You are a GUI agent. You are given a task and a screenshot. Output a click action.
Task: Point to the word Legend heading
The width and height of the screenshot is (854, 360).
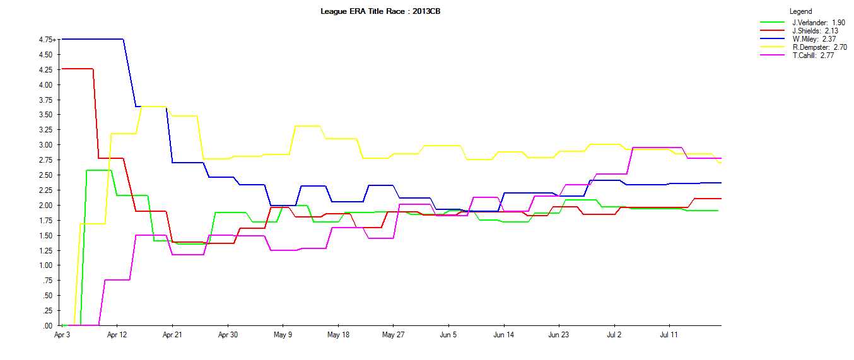(800, 11)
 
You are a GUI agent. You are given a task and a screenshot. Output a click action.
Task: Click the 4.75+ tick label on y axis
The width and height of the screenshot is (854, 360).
(47, 40)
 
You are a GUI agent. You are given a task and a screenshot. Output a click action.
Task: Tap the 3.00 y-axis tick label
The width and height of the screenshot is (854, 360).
(46, 145)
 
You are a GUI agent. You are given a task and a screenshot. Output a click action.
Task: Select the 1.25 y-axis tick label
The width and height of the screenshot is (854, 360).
(46, 250)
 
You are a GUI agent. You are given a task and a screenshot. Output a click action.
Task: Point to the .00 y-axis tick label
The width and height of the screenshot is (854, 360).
(48, 326)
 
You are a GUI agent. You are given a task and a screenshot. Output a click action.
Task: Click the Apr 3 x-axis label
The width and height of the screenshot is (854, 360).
(62, 335)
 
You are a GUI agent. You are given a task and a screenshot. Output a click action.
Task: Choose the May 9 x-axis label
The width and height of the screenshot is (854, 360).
(283, 335)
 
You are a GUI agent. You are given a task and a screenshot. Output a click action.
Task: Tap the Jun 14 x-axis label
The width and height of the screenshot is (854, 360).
(503, 335)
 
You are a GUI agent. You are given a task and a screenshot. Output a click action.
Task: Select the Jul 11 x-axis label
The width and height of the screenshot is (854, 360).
(669, 335)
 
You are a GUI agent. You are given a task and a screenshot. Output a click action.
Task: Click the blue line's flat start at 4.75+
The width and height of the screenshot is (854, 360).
(92, 39)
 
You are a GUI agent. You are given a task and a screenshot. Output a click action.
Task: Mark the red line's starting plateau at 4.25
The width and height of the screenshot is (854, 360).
(77, 69)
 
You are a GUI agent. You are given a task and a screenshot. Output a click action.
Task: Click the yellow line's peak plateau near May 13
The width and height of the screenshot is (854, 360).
(307, 125)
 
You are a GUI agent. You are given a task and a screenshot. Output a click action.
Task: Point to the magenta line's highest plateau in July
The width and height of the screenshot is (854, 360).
(657, 148)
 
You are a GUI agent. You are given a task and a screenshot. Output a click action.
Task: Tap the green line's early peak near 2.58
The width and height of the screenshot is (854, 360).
(99, 170)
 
